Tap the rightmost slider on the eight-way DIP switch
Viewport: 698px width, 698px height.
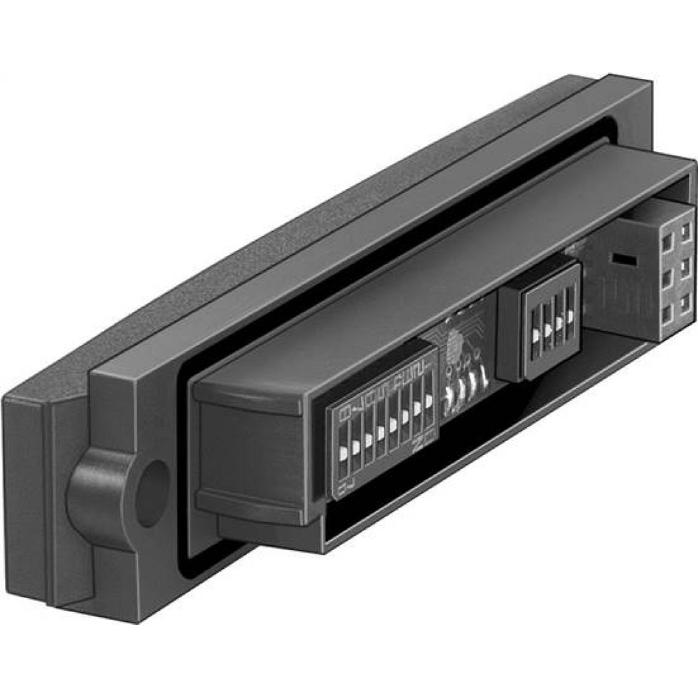tap(429, 403)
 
